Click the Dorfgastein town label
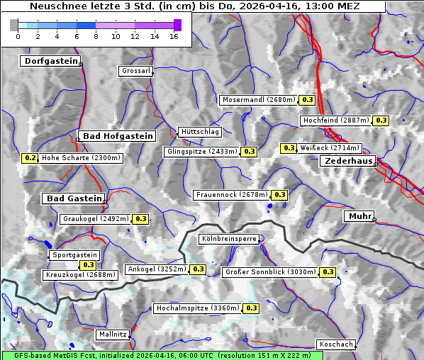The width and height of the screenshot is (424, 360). point(50,61)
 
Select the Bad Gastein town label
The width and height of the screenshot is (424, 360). point(75,198)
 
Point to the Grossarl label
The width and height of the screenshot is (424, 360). point(135,71)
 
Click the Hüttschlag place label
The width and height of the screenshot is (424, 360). point(201,132)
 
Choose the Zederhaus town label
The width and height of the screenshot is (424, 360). point(349,162)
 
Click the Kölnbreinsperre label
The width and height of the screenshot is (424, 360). point(229,240)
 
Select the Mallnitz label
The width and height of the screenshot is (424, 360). point(113,334)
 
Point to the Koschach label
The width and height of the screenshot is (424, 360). point(336,344)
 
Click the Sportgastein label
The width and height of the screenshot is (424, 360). point(74,255)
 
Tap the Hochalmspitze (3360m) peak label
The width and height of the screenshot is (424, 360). point(198,308)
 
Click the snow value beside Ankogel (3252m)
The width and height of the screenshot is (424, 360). point(198,269)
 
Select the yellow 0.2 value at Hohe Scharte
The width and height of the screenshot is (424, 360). point(30,158)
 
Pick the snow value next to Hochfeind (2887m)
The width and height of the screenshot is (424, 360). point(381,120)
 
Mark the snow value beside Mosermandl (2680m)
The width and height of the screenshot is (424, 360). point(307,100)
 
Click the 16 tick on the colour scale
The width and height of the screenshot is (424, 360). point(174,35)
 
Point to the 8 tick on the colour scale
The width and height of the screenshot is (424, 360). point(96,35)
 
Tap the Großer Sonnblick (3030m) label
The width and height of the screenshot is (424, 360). point(270,272)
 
